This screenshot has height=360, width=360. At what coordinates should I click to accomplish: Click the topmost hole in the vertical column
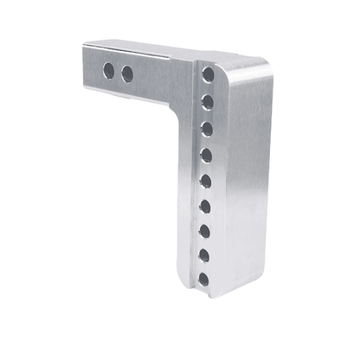click(x=209, y=76)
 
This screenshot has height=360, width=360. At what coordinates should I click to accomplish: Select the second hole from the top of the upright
click(x=208, y=102)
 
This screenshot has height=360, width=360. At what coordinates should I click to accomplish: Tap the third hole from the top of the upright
click(x=208, y=128)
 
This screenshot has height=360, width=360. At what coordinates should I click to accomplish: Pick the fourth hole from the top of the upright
click(x=207, y=156)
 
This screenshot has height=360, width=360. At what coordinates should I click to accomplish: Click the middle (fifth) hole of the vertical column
click(x=206, y=181)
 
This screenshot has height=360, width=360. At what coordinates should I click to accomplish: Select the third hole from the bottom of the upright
click(x=205, y=231)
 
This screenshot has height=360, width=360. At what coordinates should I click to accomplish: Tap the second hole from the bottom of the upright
click(x=204, y=255)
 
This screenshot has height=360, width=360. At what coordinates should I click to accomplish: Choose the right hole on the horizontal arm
click(x=127, y=75)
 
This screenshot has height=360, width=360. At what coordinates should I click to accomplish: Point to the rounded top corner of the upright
click(x=256, y=66)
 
